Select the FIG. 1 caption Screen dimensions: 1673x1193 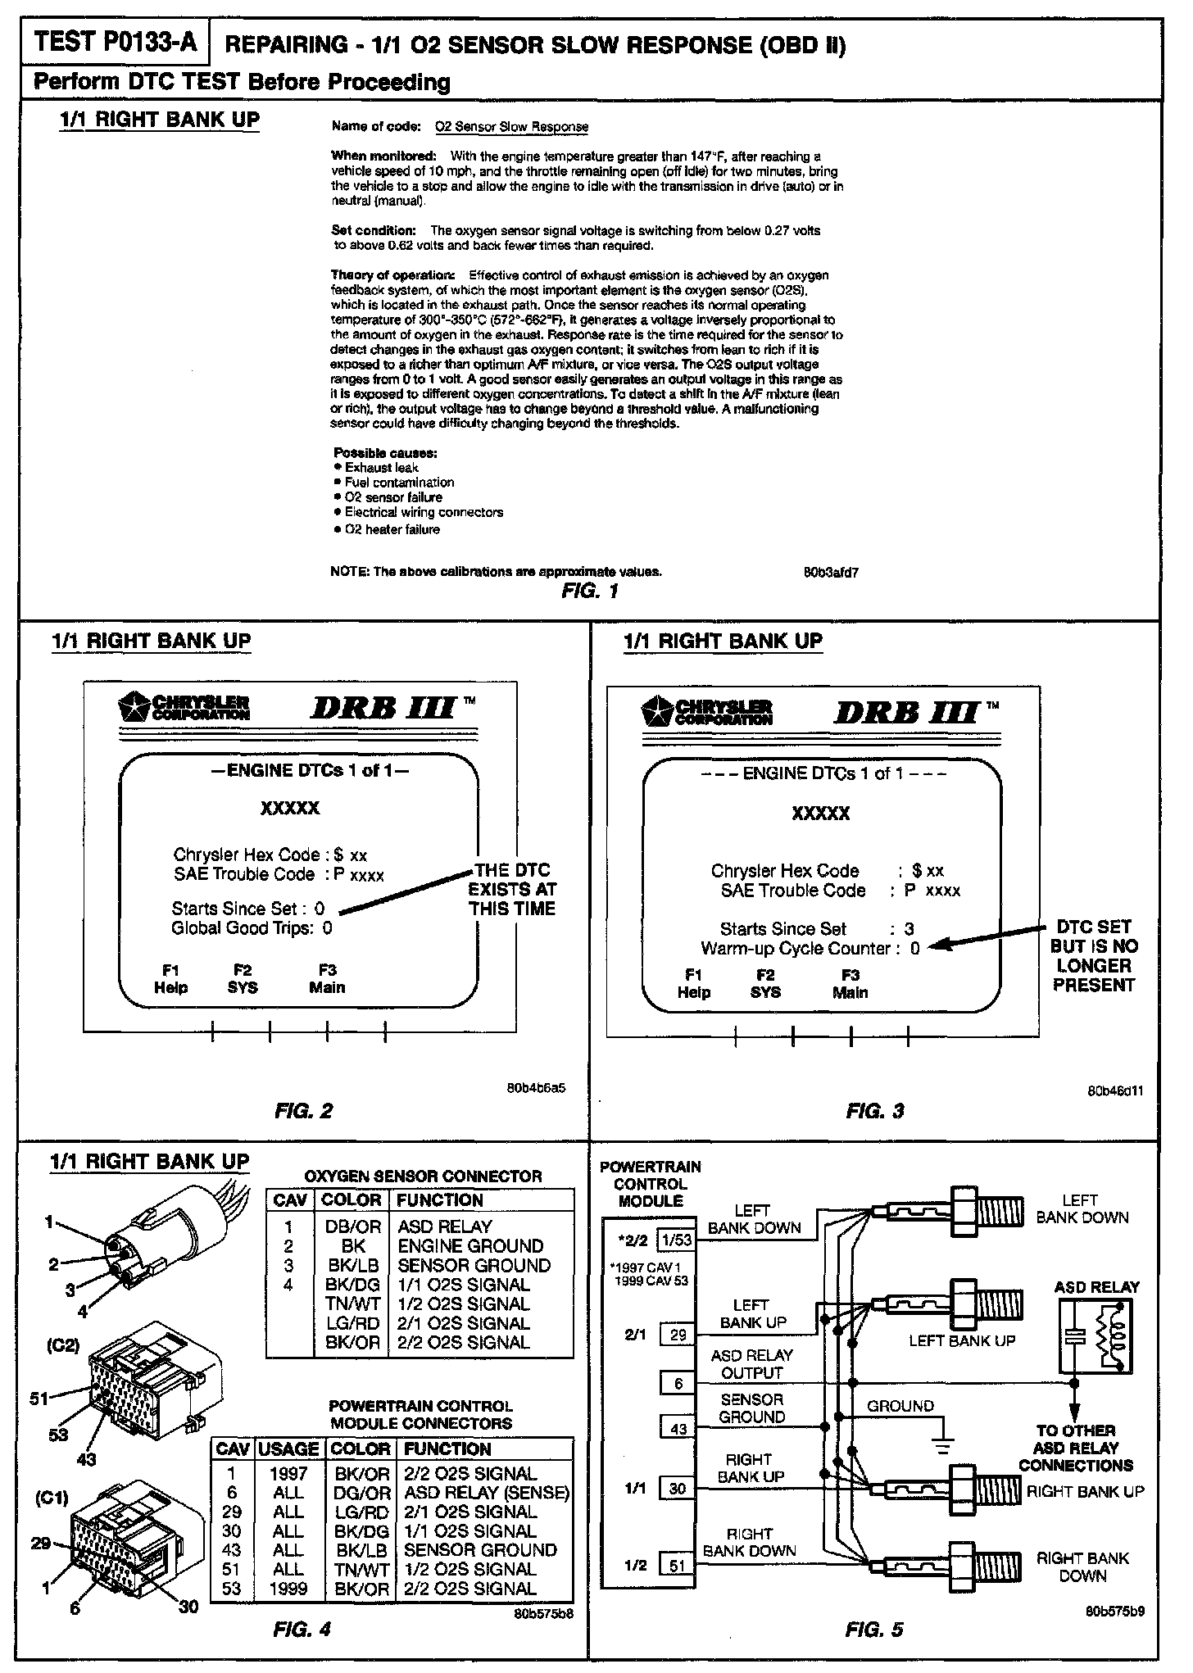589,592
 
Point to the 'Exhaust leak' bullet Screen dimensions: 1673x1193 381,468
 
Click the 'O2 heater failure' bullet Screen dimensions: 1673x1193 392,530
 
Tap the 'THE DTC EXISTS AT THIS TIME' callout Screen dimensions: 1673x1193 512,889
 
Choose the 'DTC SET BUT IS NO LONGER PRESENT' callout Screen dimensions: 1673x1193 1093,955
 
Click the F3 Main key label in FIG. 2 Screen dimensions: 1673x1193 327,979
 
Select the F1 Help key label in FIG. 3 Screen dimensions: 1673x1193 693,984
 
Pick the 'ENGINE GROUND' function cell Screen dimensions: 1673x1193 470,1246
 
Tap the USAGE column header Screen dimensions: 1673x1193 288,1449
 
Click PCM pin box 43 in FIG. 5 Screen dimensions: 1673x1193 678,1429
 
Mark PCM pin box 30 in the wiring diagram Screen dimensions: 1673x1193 678,1489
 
